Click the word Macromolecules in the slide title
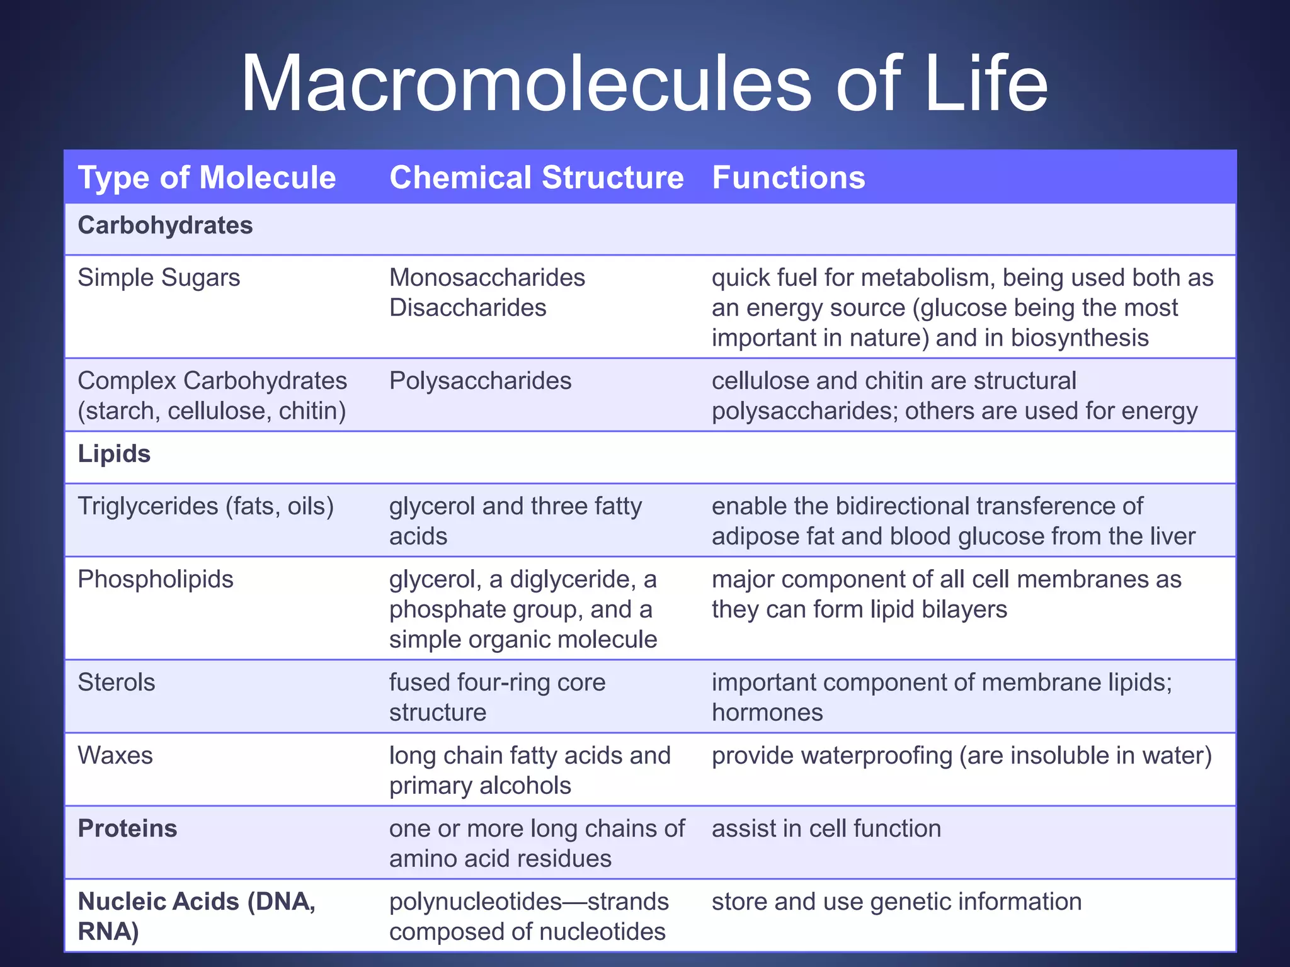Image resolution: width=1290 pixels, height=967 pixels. (526, 84)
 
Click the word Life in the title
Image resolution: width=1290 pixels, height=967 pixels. (986, 84)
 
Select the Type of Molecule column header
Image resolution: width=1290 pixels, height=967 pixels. (207, 178)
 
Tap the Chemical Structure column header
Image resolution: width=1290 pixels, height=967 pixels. (536, 178)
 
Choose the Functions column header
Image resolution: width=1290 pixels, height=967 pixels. (789, 178)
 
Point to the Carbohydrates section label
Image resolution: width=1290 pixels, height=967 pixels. (165, 225)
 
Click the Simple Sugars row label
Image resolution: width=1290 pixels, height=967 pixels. (159, 278)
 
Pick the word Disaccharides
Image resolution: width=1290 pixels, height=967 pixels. (467, 308)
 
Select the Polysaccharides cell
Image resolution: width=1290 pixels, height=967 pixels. (480, 381)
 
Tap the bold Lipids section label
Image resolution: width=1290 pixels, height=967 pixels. (114, 454)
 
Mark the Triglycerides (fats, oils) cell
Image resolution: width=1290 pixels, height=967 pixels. (205, 506)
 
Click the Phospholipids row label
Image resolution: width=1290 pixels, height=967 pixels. (155, 579)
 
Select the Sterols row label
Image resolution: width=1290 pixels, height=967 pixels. (116, 682)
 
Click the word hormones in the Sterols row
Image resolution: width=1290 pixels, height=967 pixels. (767, 713)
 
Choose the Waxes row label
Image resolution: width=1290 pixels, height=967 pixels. (115, 755)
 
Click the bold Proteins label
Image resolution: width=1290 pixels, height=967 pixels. (127, 828)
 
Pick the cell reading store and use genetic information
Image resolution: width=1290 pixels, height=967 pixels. (896, 902)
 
